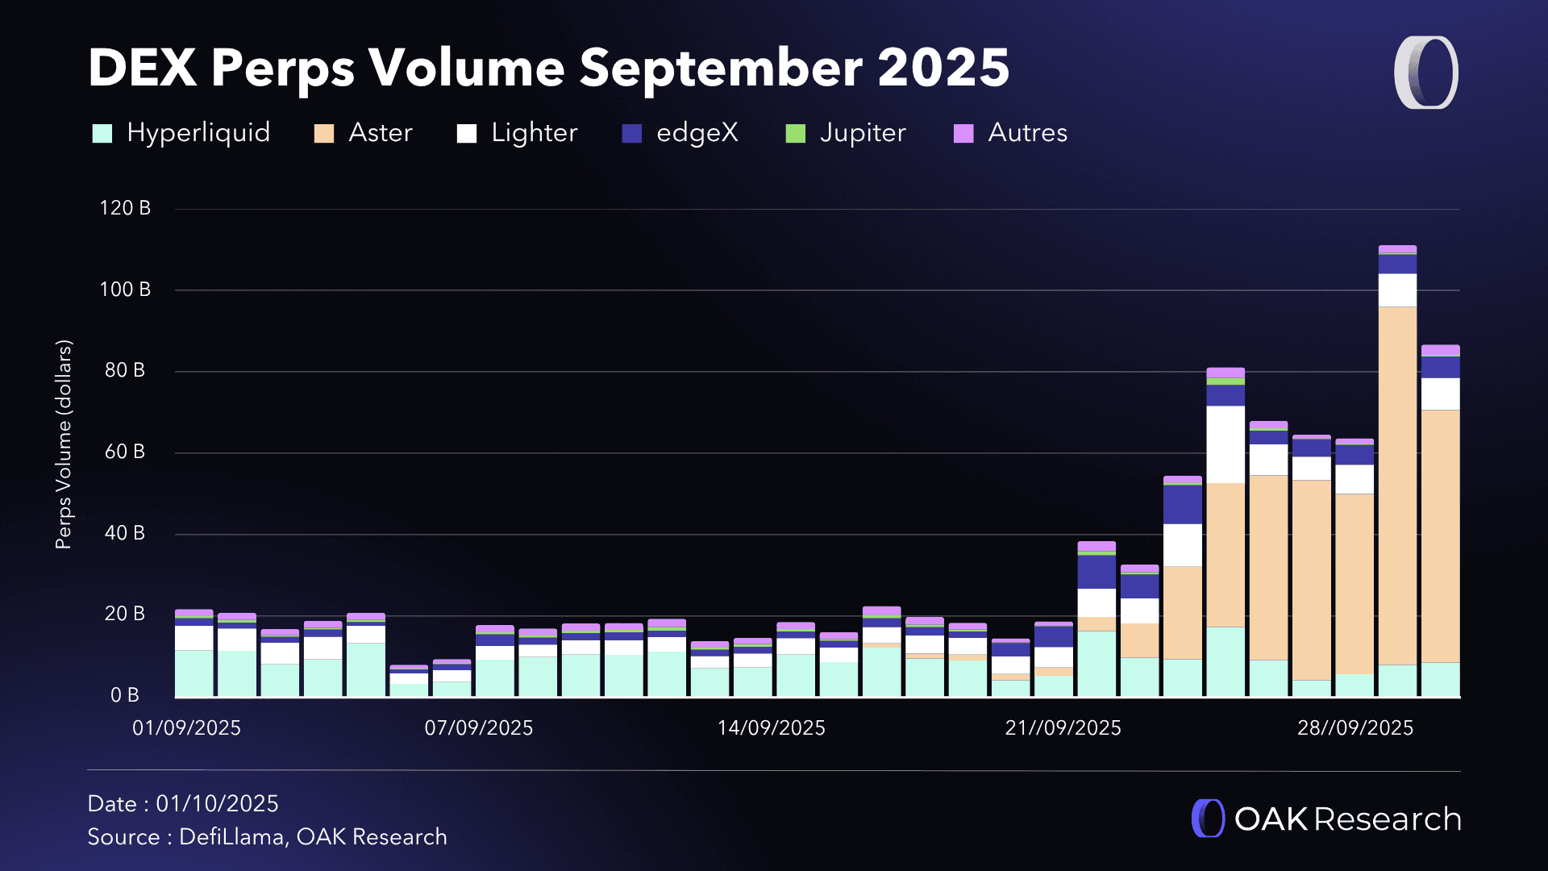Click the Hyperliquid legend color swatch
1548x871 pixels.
click(x=102, y=133)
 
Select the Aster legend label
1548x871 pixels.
click(x=380, y=133)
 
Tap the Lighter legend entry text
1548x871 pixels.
click(x=534, y=133)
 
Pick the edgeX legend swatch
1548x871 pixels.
click(x=631, y=133)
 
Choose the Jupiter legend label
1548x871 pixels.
click(x=862, y=133)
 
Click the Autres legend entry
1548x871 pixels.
click(x=1027, y=133)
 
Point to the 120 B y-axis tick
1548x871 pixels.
click(x=125, y=208)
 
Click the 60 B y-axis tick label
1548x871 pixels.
click(x=125, y=452)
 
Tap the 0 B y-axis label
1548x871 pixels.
click(x=125, y=695)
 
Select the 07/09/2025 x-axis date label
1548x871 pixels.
click(x=479, y=728)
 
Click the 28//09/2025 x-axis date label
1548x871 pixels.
click(x=1354, y=728)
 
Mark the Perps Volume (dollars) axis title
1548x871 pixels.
click(x=64, y=444)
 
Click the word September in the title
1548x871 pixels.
click(x=722, y=68)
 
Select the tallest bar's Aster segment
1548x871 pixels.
click(x=1397, y=484)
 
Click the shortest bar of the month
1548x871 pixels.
click(x=409, y=682)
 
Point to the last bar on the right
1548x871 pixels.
click(x=1440, y=524)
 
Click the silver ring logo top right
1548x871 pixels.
click(x=1425, y=73)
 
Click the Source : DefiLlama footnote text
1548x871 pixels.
click(x=267, y=837)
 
